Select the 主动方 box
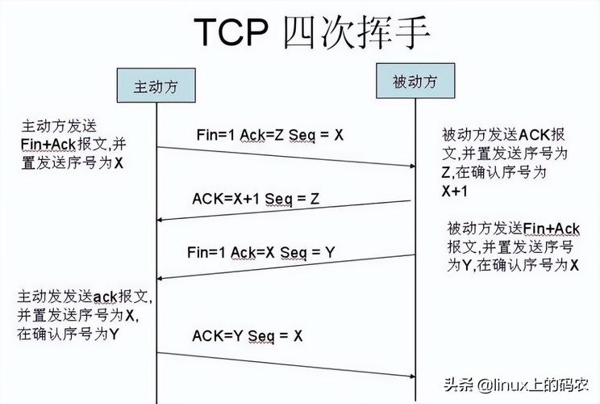tap(155, 85)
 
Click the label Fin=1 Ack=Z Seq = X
tap(269, 135)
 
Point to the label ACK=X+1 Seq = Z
tap(256, 198)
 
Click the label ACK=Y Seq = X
tap(248, 335)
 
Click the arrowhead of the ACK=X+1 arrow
tap(160, 220)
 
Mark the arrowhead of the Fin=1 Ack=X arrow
tap(160, 279)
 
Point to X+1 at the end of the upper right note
tap(454, 192)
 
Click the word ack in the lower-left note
tap(109, 297)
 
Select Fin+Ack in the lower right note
tap(552, 228)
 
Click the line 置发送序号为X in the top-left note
tap(73, 162)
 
